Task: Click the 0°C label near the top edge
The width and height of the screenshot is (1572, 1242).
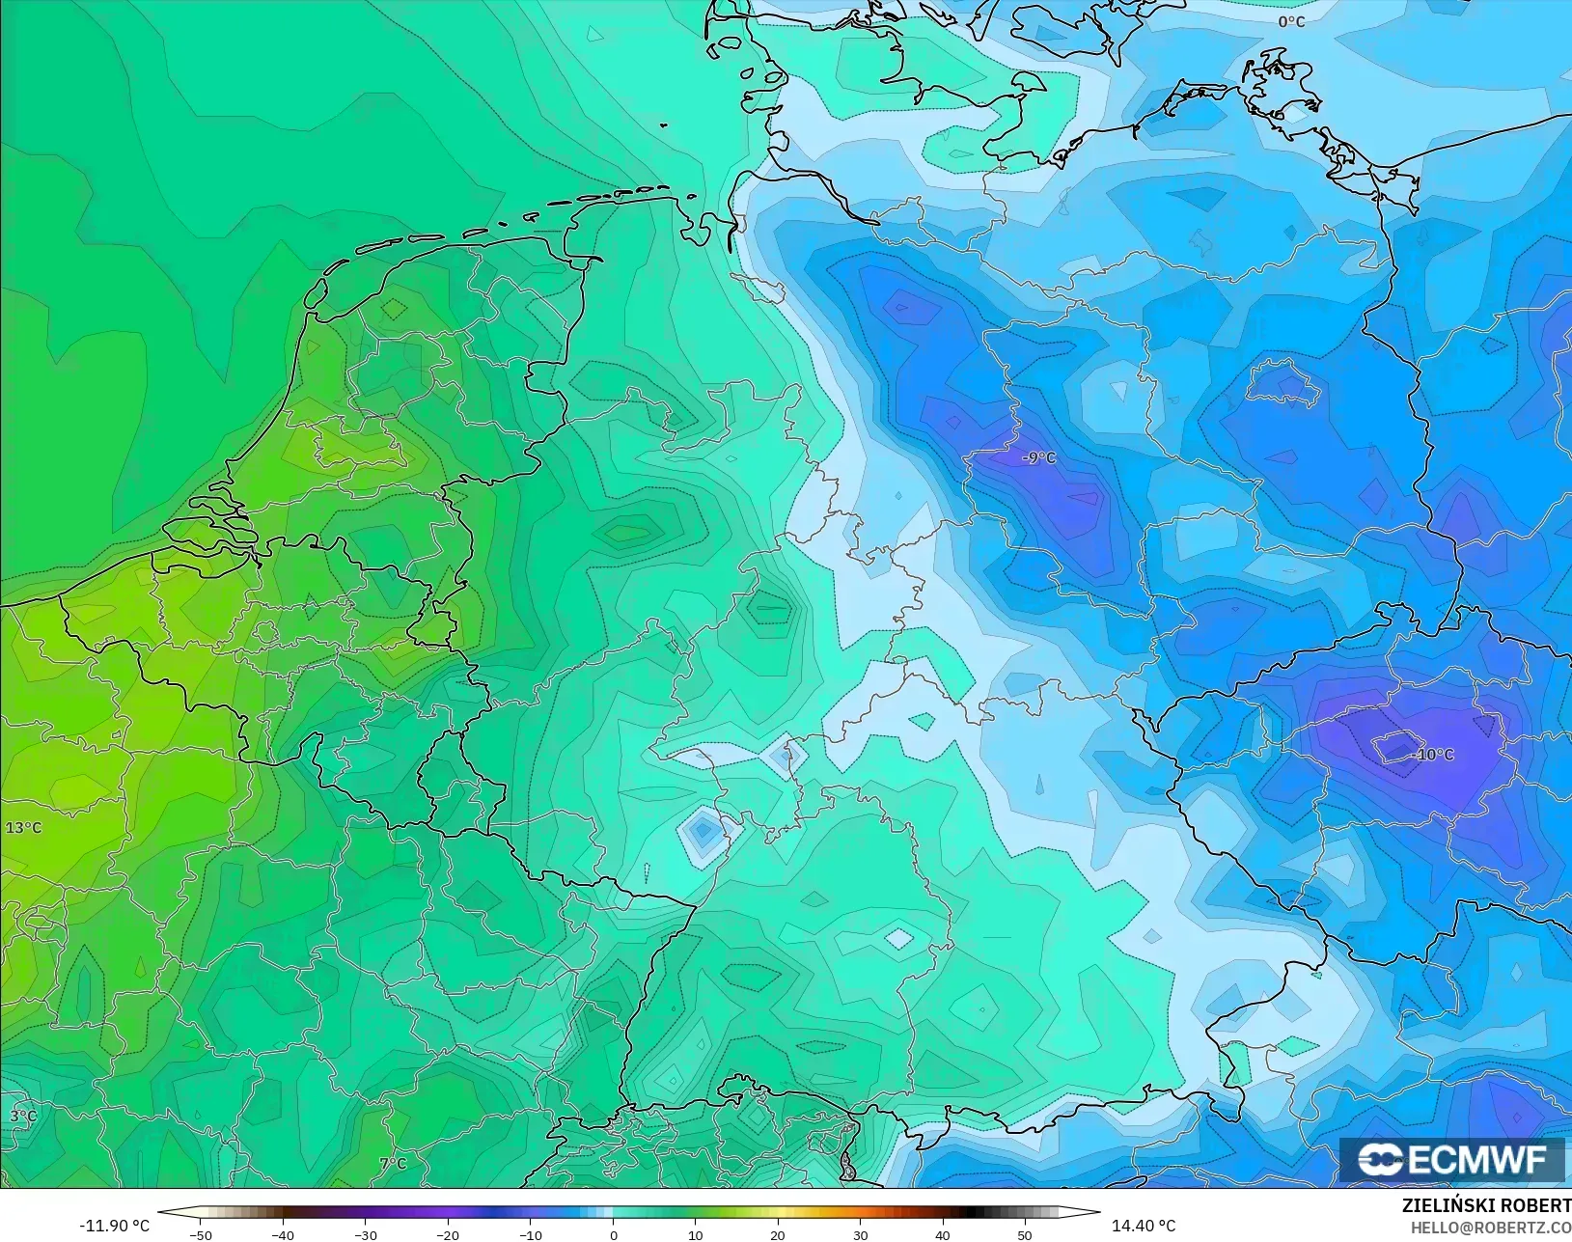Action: point(1291,21)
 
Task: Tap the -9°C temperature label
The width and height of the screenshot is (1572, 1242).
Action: point(1039,457)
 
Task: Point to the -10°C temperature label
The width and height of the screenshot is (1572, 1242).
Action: point(1434,754)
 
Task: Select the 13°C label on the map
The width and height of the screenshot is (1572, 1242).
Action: point(23,827)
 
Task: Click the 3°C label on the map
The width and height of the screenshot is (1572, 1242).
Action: point(23,1117)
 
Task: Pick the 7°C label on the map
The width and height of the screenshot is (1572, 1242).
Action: point(393,1164)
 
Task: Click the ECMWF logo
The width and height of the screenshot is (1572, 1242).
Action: point(1451,1160)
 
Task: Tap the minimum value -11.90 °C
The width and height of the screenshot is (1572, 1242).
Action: point(114,1226)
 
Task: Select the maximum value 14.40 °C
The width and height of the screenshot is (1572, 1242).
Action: point(1144,1226)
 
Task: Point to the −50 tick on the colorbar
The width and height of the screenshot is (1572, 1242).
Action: point(201,1235)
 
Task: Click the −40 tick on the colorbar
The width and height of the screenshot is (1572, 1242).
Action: point(283,1235)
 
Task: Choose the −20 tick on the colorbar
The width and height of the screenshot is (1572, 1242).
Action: point(448,1235)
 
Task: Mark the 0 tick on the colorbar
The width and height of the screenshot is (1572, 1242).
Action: point(613,1235)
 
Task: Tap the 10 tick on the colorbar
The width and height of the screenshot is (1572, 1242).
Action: point(696,1235)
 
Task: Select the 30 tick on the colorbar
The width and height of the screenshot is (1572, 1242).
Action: point(861,1235)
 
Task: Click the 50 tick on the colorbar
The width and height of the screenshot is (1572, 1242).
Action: point(1025,1235)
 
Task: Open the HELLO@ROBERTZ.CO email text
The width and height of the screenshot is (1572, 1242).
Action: point(1491,1228)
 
